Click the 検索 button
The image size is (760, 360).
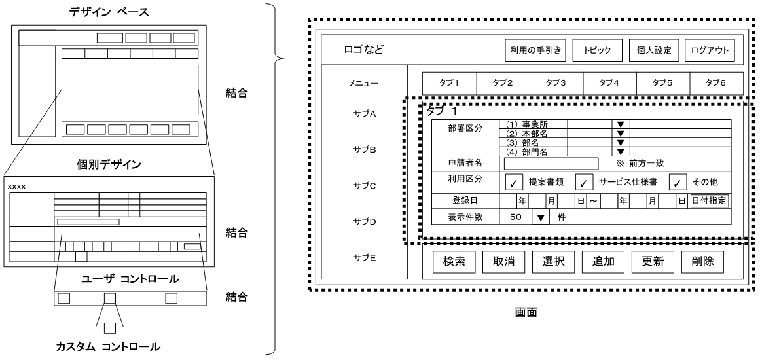tap(454, 261)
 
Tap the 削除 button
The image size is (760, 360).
tap(702, 261)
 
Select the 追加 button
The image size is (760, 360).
tap(603, 261)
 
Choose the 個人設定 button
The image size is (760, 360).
tap(650, 50)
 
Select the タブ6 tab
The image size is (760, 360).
tap(716, 83)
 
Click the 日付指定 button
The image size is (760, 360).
tap(709, 201)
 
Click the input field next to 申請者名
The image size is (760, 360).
tap(551, 164)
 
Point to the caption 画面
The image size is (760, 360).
tap(529, 312)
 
